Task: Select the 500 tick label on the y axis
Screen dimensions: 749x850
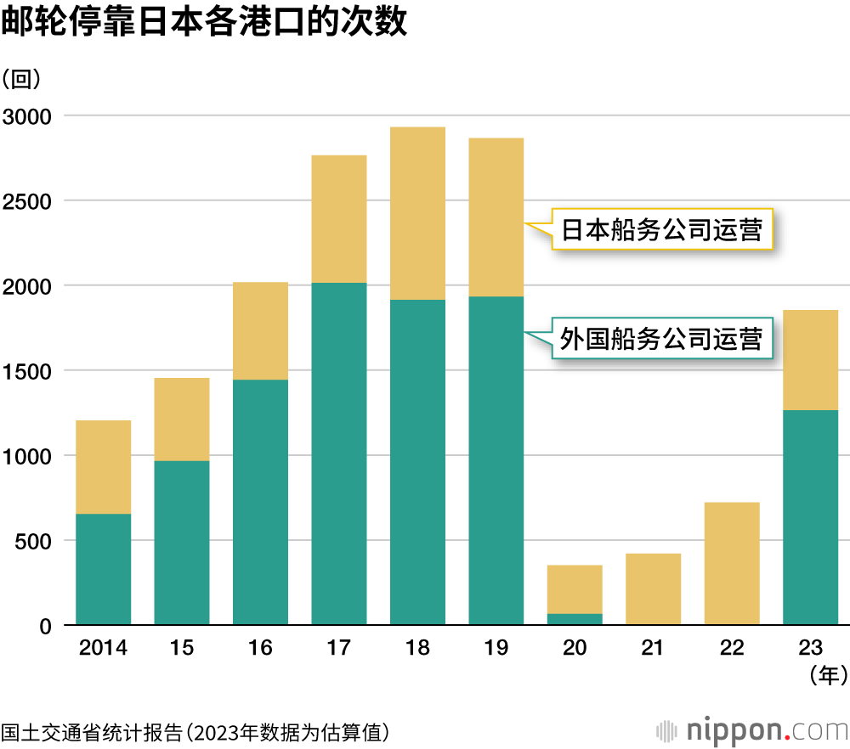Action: pyautogui.click(x=37, y=541)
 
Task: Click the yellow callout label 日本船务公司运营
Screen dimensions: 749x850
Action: pyautogui.click(x=662, y=230)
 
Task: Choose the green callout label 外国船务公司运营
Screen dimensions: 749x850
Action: pyautogui.click(x=662, y=339)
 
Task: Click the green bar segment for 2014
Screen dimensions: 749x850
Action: pyautogui.click(x=103, y=569)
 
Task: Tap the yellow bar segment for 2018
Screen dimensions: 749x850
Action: pyautogui.click(x=417, y=213)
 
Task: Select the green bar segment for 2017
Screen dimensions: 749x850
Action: pyautogui.click(x=339, y=454)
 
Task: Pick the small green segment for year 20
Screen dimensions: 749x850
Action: pyautogui.click(x=575, y=619)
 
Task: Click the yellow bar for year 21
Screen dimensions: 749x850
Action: pyautogui.click(x=653, y=589)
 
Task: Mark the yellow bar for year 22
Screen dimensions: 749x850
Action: pyautogui.click(x=732, y=564)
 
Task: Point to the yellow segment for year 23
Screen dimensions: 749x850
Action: pyautogui.click(x=810, y=360)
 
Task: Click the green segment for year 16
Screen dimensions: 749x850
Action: pyautogui.click(x=260, y=502)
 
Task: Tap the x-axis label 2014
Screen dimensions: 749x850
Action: pyautogui.click(x=103, y=649)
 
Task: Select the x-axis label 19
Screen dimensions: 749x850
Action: pyautogui.click(x=496, y=649)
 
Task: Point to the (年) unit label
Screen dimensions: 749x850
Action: pyautogui.click(x=827, y=675)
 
